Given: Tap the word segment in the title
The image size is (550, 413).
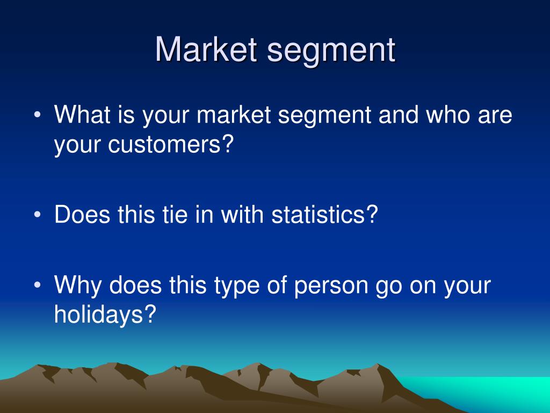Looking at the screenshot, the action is tap(331, 52).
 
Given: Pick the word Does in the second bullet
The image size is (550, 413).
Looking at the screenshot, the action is tap(82, 214).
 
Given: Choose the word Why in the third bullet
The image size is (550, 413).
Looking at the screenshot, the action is tap(78, 286).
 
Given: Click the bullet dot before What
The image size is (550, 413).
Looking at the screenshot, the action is tap(38, 115).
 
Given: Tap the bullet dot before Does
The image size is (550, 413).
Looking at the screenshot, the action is tap(38, 215).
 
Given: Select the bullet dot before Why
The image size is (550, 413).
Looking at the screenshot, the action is tap(38, 285).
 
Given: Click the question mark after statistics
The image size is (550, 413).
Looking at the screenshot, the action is tap(372, 214).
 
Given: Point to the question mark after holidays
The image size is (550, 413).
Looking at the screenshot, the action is tap(150, 314).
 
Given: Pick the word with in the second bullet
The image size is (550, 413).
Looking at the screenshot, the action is tap(242, 214).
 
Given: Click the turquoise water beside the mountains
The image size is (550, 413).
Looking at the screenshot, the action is tap(491, 393).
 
